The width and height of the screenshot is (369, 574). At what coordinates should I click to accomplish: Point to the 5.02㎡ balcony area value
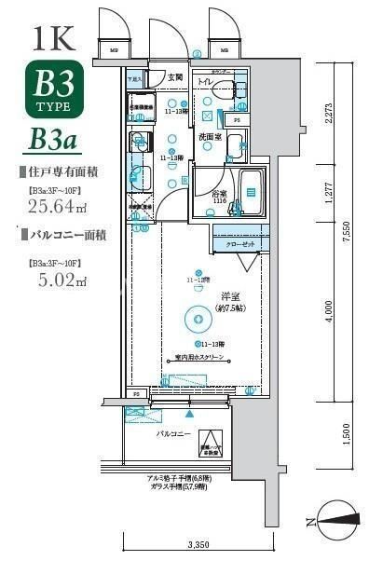[48, 279]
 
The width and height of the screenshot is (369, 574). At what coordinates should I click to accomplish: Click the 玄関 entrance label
[175, 77]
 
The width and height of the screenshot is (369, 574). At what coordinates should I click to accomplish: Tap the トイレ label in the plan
[205, 82]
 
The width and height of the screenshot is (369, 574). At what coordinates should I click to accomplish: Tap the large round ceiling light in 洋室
[198, 319]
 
